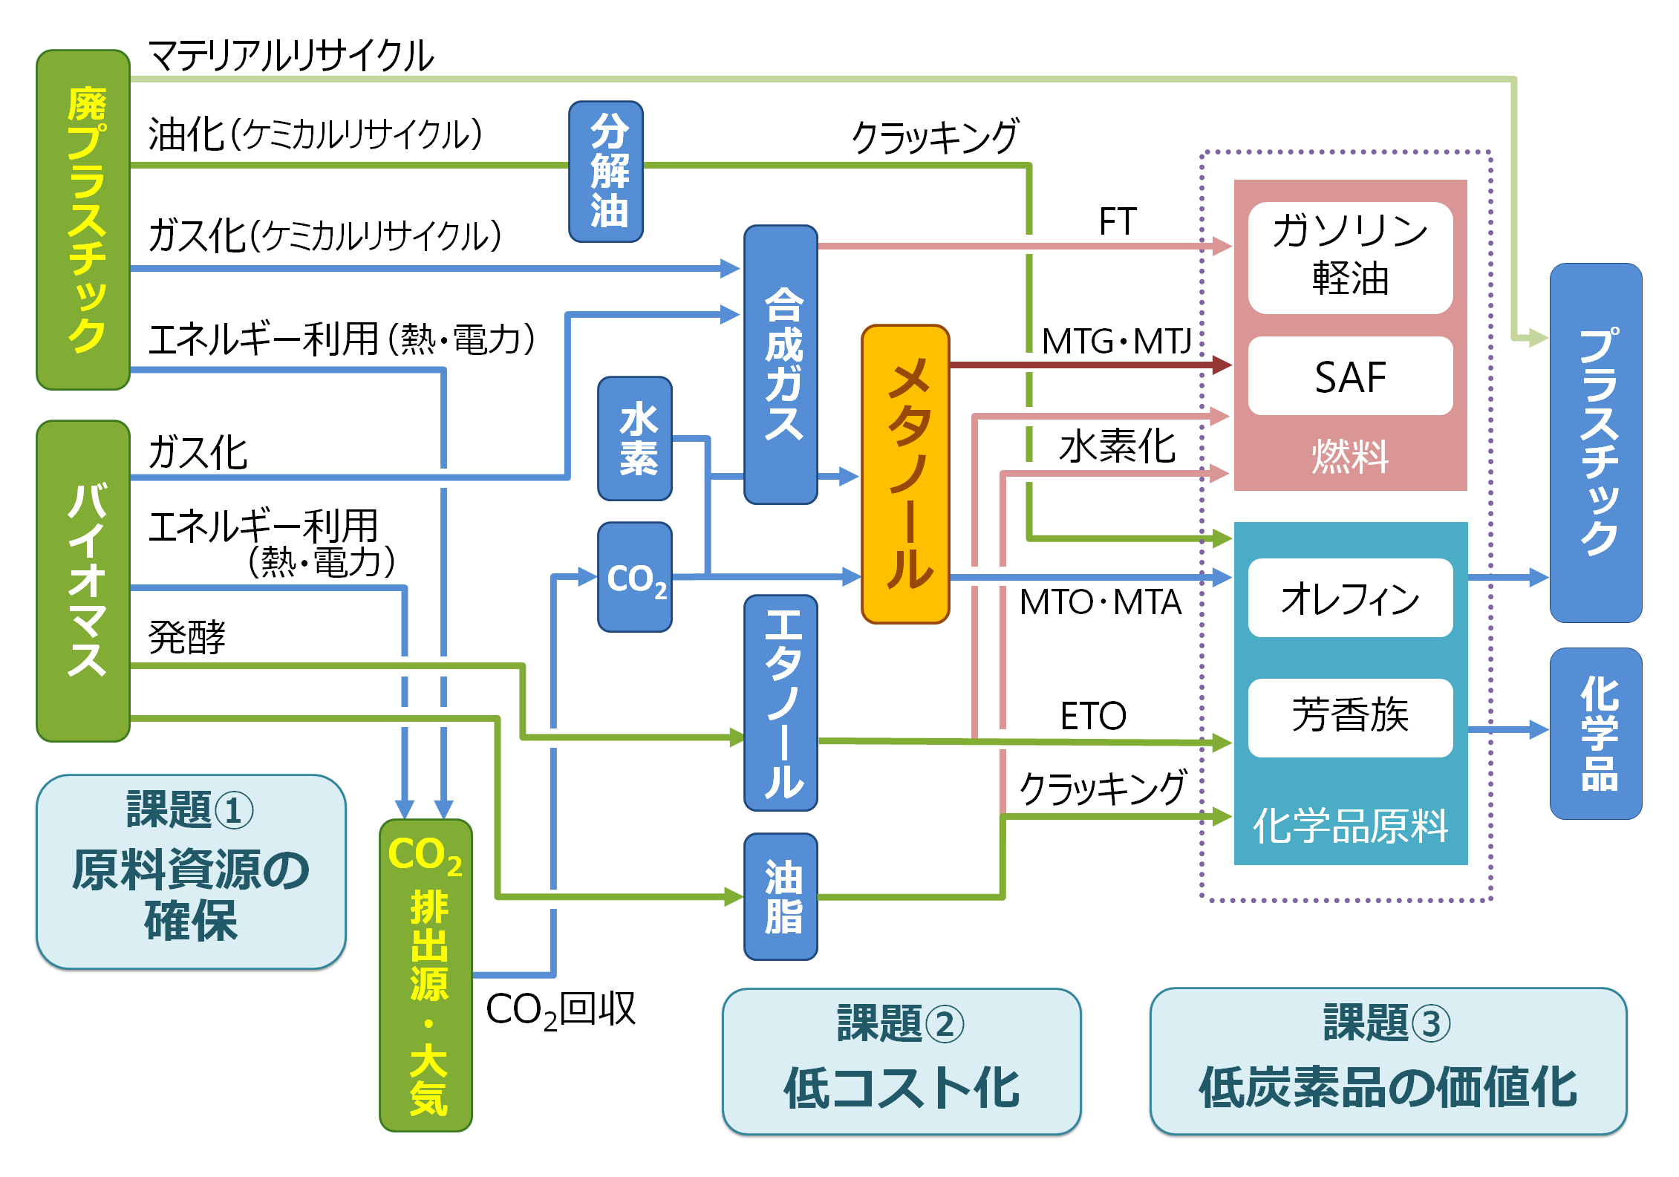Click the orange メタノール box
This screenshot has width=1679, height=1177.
905,474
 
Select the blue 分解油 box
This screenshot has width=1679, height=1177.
606,172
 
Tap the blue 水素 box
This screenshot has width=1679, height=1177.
635,438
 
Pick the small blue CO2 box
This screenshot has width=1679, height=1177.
635,577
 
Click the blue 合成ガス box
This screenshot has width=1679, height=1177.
780,364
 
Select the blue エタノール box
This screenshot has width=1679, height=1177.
780,702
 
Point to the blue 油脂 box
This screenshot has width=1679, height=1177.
780,896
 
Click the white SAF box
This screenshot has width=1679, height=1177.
1350,376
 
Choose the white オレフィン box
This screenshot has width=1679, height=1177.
1350,598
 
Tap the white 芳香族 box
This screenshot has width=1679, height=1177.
1350,717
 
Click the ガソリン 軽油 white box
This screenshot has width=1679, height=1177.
1350,257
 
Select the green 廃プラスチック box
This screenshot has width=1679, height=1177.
83,220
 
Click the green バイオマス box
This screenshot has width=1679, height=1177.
83,581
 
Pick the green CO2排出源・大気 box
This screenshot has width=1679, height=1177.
426,975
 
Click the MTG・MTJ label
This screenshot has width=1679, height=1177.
1115,342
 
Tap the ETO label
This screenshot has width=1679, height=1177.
1092,716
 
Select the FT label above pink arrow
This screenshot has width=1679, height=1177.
1117,221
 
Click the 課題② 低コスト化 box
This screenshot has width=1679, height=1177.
901,1061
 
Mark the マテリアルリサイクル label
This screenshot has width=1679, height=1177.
290,56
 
